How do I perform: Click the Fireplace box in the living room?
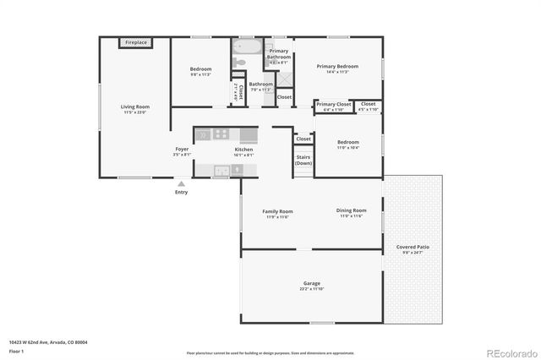[135, 42]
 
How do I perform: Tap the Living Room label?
[135, 106]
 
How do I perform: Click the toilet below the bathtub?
[240, 62]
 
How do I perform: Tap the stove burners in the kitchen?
[221, 133]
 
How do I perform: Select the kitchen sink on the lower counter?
[221, 170]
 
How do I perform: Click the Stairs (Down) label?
[303, 160]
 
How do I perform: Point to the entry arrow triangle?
[181, 182]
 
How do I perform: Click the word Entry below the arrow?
[181, 192]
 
